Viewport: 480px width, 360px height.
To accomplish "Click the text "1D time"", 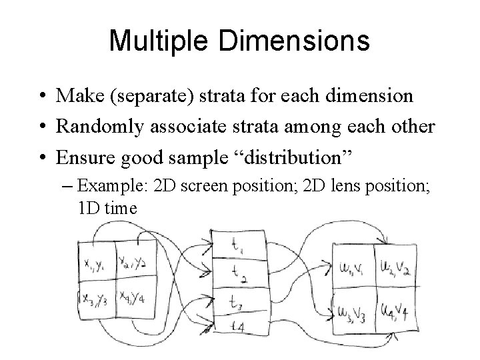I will coord(107,208).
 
